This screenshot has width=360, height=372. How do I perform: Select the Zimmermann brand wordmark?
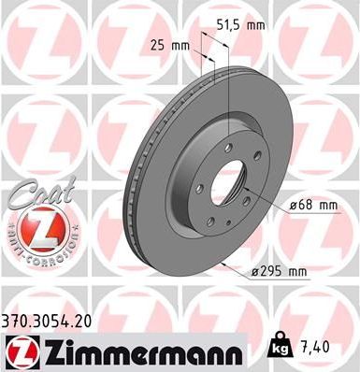coord(143,352)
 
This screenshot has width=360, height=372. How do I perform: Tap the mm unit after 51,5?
coord(254,25)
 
